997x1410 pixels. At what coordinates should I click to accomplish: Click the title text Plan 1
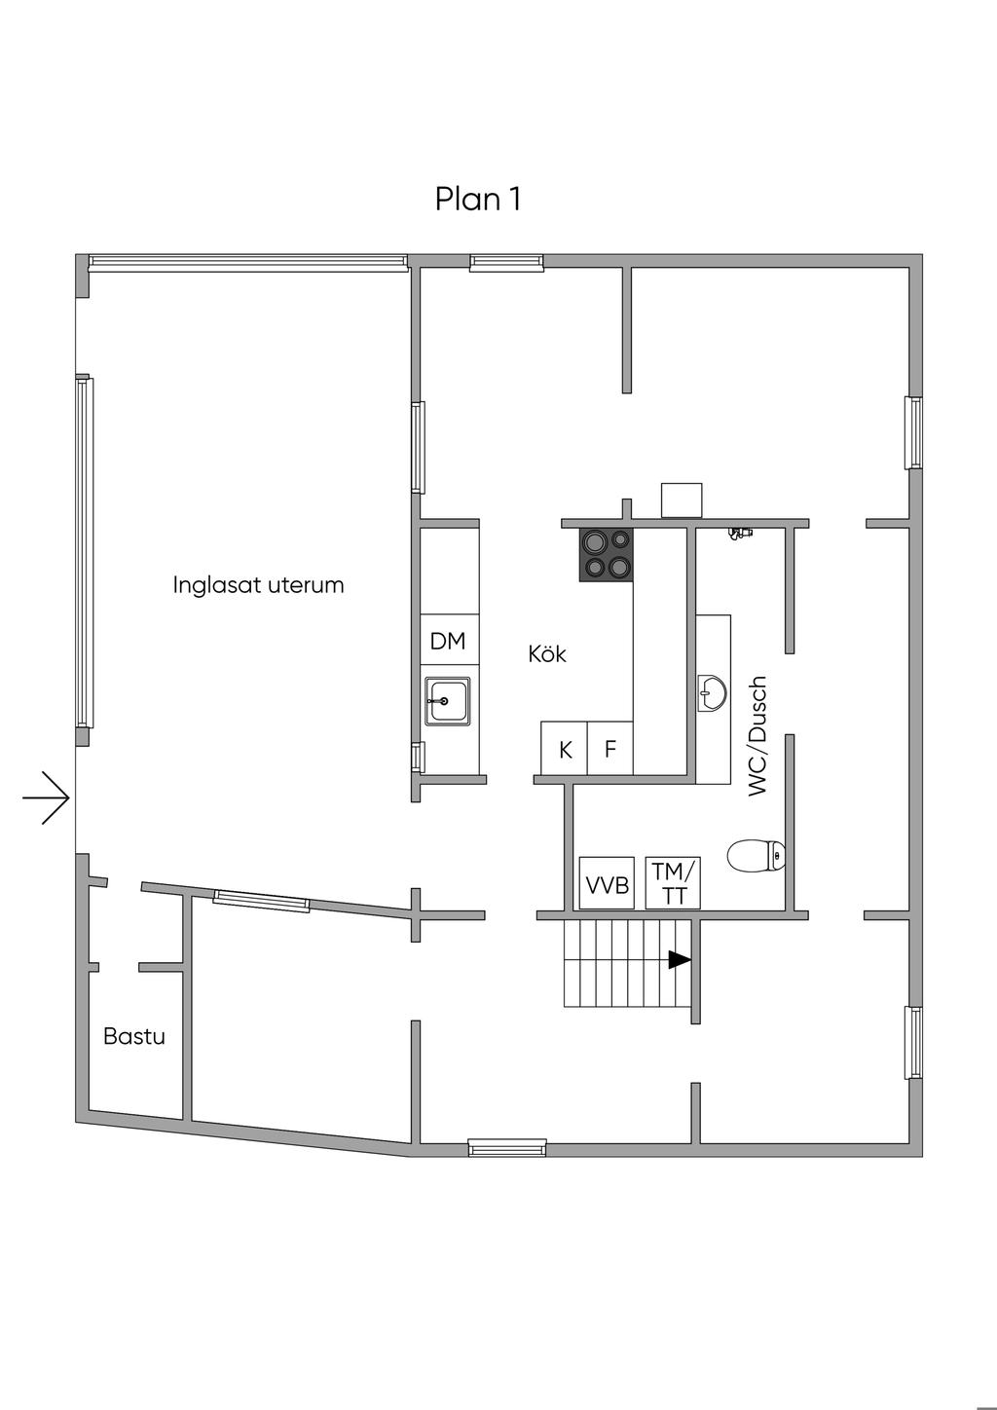[477, 199]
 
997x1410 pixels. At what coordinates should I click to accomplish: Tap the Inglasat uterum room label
[258, 585]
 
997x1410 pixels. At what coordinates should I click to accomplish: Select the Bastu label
[134, 1036]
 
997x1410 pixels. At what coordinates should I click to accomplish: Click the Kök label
[547, 653]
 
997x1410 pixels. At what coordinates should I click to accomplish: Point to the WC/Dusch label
[758, 736]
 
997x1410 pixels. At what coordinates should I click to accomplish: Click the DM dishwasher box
[448, 641]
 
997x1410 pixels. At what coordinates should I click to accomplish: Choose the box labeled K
[565, 749]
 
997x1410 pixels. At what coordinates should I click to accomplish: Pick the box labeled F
[610, 749]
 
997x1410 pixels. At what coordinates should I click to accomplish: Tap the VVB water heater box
[607, 883]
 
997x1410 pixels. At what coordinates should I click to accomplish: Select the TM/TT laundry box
[674, 882]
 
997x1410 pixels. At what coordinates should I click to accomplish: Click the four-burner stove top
[606, 554]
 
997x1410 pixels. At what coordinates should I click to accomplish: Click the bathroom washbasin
[712, 693]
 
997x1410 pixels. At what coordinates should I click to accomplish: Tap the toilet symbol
[757, 856]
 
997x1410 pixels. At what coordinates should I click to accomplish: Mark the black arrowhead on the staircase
[679, 960]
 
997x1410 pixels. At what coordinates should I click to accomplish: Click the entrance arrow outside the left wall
[46, 798]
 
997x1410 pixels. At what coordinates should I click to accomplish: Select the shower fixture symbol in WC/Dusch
[741, 532]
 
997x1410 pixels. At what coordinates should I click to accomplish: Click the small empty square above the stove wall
[682, 500]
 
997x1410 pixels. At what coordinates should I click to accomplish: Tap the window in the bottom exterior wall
[507, 1148]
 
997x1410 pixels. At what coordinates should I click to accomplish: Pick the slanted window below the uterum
[261, 902]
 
